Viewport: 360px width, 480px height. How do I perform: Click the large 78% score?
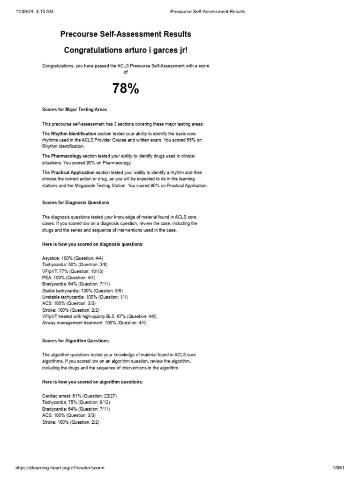coord(126,89)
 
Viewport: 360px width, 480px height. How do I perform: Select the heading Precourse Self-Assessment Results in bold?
coord(126,34)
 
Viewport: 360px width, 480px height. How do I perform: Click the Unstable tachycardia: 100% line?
coord(85,297)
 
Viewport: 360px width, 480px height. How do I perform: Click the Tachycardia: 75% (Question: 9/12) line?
coord(76,402)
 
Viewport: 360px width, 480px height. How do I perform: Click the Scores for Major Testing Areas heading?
coord(75,110)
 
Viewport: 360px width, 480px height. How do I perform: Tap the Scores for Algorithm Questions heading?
coord(75,341)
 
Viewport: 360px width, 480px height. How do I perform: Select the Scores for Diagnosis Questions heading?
coord(76,202)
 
